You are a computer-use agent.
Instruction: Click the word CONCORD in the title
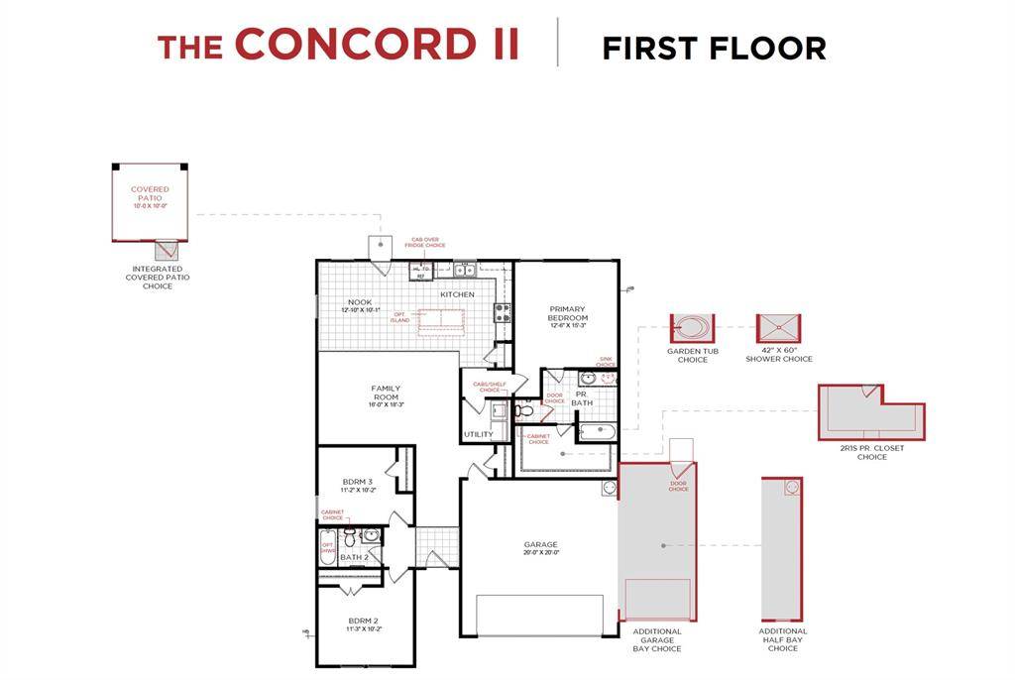coord(378,45)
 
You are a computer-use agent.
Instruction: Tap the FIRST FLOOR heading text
coord(714,48)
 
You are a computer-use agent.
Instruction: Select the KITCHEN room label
coord(457,294)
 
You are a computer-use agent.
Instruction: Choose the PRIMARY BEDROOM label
coord(568,313)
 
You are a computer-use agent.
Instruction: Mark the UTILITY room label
coord(478,434)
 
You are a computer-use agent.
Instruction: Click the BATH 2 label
coord(354,557)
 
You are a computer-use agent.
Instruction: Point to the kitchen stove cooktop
coord(503,313)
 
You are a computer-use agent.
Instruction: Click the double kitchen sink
coord(462,270)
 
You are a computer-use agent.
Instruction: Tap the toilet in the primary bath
coord(524,410)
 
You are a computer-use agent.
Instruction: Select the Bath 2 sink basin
coord(371,536)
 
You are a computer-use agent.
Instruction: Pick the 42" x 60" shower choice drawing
coord(778,328)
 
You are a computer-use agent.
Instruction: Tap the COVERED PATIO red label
coord(150,193)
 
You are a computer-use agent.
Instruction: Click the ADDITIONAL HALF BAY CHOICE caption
coord(783,639)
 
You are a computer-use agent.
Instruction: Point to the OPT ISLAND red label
coord(400,317)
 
